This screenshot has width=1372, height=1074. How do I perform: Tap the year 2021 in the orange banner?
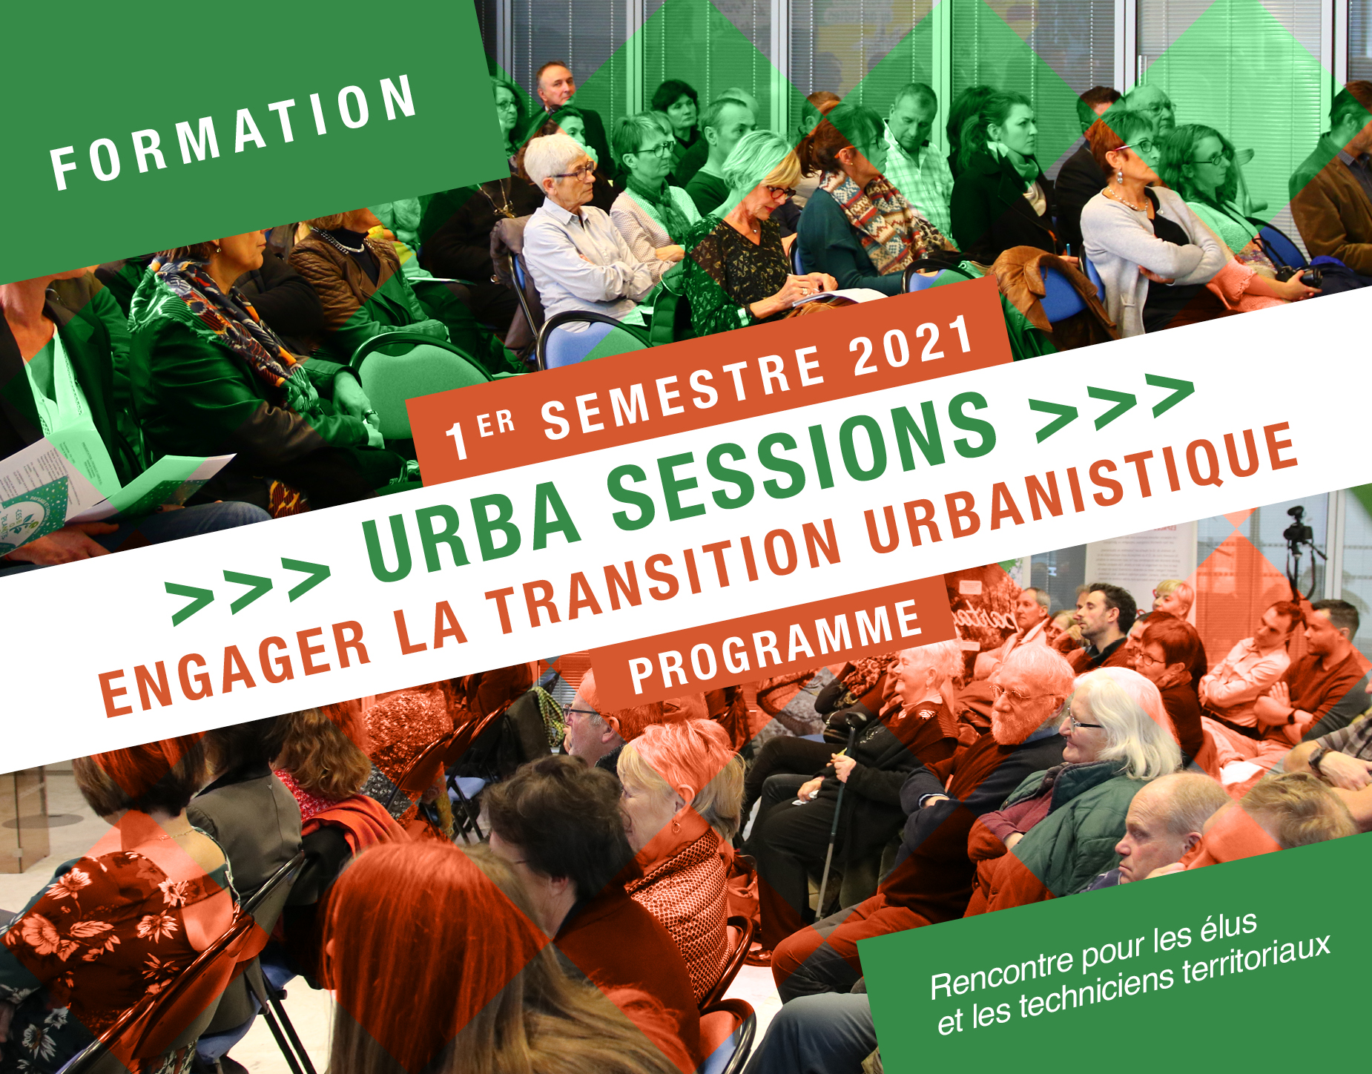pyautogui.click(x=912, y=346)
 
